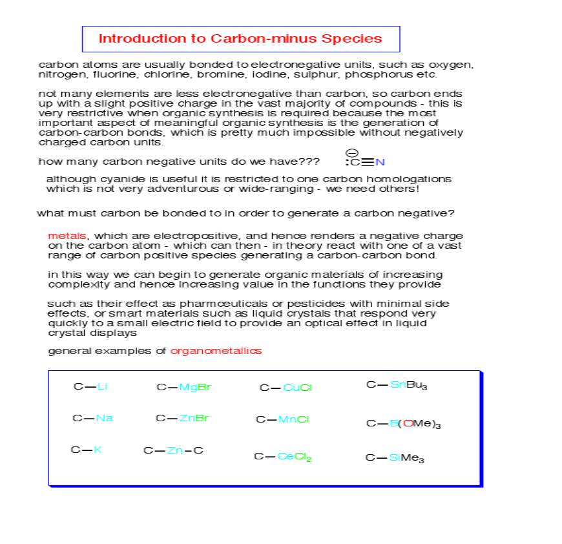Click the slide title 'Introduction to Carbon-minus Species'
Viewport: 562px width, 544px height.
click(x=240, y=39)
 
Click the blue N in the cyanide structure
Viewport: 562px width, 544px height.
click(x=380, y=162)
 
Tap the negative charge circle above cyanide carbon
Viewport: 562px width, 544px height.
click(x=352, y=152)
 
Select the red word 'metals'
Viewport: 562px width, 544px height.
click(x=67, y=236)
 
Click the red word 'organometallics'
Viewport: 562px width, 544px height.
click(x=216, y=351)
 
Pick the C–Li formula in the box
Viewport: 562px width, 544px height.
click(x=90, y=387)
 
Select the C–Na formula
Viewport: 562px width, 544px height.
click(x=92, y=418)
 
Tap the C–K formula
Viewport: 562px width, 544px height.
click(x=86, y=450)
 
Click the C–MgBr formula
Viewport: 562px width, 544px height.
click(x=183, y=388)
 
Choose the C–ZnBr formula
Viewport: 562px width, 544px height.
click(x=182, y=418)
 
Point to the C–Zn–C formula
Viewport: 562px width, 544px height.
click(x=173, y=450)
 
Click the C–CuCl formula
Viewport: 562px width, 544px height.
click(x=286, y=388)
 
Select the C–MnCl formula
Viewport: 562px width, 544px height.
click(x=283, y=419)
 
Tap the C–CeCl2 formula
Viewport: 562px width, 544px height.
click(x=283, y=457)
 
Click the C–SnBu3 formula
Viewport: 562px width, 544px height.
click(x=397, y=386)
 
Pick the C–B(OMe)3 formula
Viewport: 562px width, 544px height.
click(x=404, y=424)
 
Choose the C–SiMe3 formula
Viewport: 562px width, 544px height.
click(x=395, y=458)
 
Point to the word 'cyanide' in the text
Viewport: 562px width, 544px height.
click(x=114, y=179)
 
